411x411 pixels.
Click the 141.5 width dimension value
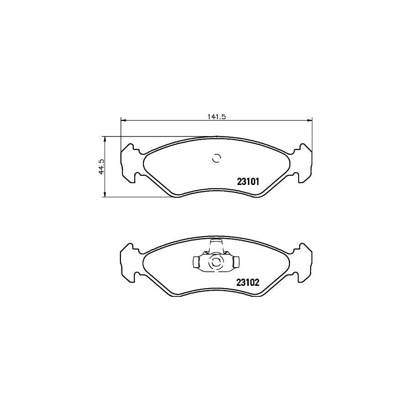(217, 116)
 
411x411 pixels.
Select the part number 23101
(248, 181)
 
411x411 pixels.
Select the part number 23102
(248, 282)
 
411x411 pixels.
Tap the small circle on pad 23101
(217, 158)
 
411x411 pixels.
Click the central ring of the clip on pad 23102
(215, 263)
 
